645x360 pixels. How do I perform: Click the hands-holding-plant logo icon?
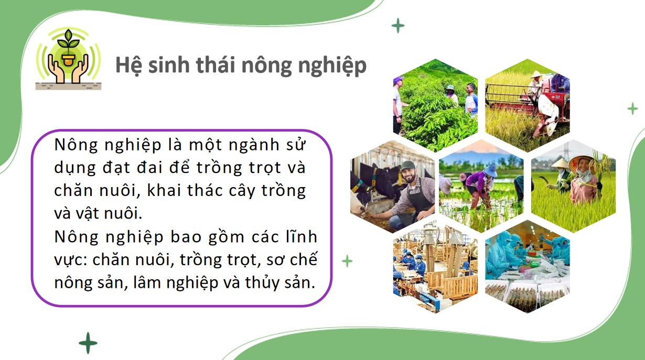click(x=68, y=59)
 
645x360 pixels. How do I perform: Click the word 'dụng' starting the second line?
click(x=73, y=169)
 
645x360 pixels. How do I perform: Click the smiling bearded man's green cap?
click(x=407, y=165)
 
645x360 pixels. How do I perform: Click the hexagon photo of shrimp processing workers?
click(x=527, y=267)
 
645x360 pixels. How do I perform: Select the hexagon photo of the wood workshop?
click(x=435, y=267)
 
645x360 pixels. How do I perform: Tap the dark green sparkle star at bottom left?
click(x=88, y=343)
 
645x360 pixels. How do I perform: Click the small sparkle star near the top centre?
click(x=398, y=25)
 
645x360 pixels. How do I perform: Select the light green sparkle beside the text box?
click(x=347, y=260)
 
